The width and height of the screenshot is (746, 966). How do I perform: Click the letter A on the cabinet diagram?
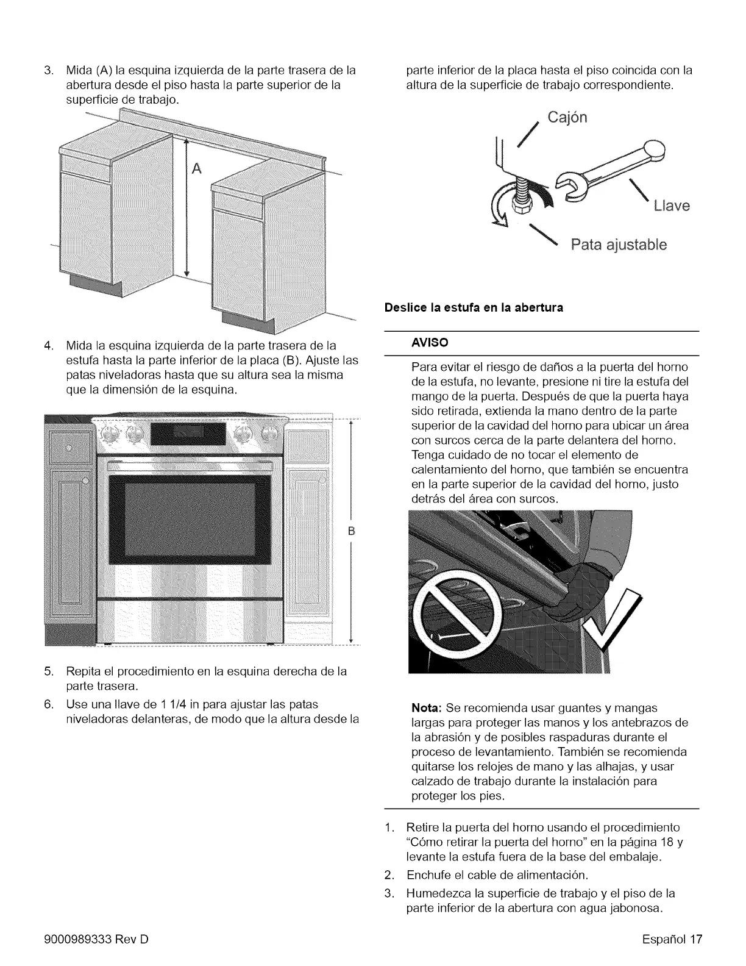tap(196, 169)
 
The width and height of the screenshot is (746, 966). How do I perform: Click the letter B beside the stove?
tap(351, 530)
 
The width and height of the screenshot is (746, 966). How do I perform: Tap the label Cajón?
tap(567, 117)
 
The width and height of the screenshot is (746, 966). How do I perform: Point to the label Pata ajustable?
tap(618, 245)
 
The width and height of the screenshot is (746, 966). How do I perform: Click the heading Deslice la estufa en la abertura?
tap(474, 307)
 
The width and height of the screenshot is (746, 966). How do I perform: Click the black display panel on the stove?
tap(180, 434)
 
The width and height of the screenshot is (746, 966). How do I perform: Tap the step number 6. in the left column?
tap(50, 704)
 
